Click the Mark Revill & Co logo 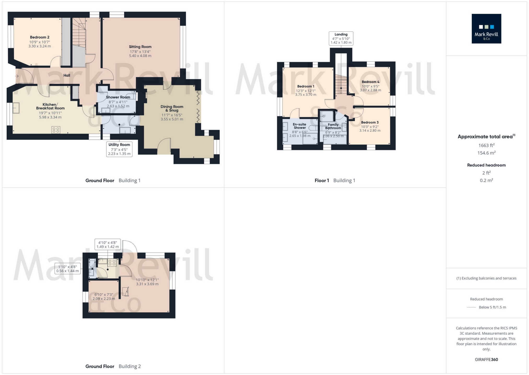(x=486, y=29)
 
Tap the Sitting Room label (x=140, y=47)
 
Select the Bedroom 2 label (x=39, y=37)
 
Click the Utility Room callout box (x=119, y=149)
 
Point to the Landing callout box (x=341, y=38)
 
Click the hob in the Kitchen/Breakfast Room (x=56, y=130)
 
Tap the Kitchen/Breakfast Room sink (x=16, y=108)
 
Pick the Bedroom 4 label (x=370, y=82)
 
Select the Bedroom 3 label (x=370, y=122)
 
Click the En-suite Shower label (x=300, y=126)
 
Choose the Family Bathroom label (x=333, y=126)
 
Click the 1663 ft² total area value (x=486, y=145)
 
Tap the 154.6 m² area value (x=486, y=153)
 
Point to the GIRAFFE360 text (x=486, y=360)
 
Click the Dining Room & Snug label (x=172, y=108)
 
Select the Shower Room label (x=118, y=97)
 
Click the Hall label (x=67, y=75)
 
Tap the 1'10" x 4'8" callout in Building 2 (x=68, y=269)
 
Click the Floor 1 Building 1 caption (x=335, y=181)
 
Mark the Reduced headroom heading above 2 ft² (x=486, y=165)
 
